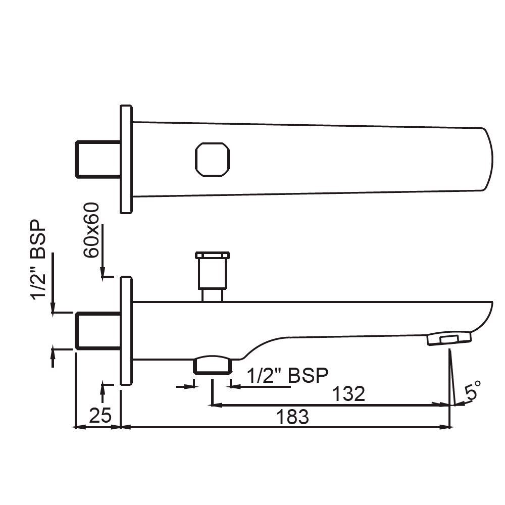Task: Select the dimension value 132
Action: point(348,393)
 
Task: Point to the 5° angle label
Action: point(473,391)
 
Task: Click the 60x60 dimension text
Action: point(92,230)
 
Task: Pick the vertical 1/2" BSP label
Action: point(39,260)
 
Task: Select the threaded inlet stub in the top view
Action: point(97,160)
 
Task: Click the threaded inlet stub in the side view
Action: point(97,331)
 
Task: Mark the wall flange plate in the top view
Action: point(126,159)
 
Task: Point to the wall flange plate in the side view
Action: point(126,331)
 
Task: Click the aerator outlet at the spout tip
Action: point(448,338)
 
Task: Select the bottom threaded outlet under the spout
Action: point(212,365)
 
